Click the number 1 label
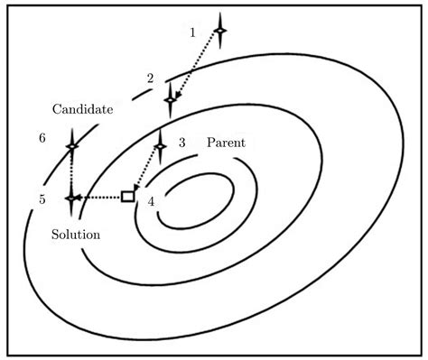point(192,32)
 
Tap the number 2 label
point(151,78)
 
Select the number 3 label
point(181,143)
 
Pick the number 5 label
point(42,199)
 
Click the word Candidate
point(81,109)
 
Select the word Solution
point(75,234)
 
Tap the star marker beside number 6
point(71,145)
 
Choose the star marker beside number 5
point(71,197)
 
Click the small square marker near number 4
point(128,196)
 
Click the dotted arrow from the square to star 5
point(99,197)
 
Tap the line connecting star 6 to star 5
point(71,171)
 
